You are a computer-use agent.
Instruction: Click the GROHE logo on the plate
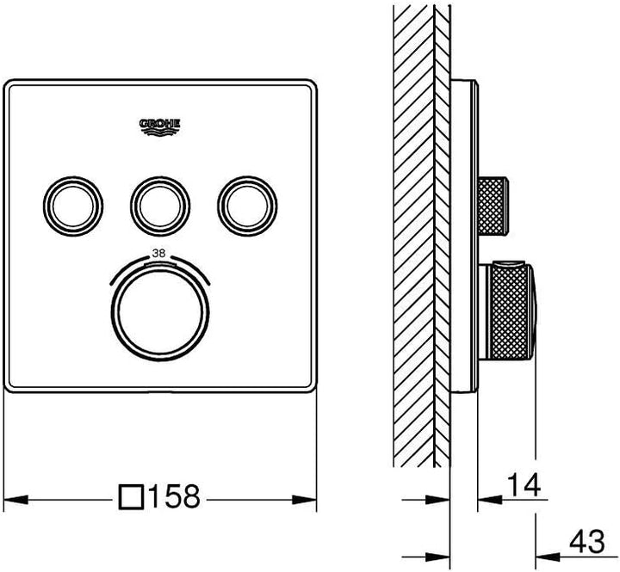point(160,127)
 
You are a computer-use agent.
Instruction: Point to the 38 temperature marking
point(159,253)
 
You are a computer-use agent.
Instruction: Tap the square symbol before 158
point(131,497)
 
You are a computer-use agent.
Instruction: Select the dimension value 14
point(524,485)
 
